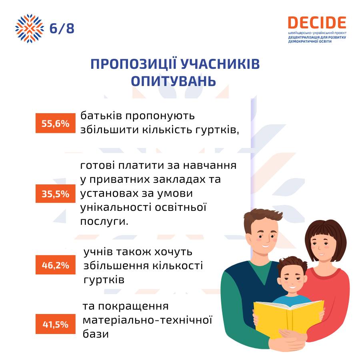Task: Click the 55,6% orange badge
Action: [55, 123]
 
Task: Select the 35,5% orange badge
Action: [55, 194]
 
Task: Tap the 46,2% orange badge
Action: [55, 265]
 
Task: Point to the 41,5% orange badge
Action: [55, 324]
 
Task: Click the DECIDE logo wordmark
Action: [317, 23]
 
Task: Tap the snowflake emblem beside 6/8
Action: [29, 28]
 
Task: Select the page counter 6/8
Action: [62, 28]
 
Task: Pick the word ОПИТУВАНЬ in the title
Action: [174, 81]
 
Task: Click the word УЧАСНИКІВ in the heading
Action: [220, 64]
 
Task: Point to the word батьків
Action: [101, 116]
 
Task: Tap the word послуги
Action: [104, 222]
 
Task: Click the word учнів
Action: [98, 252]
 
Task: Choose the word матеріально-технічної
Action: [147, 320]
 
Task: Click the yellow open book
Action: [289, 318]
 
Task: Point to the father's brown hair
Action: [262, 218]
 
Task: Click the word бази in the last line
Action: [96, 334]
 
